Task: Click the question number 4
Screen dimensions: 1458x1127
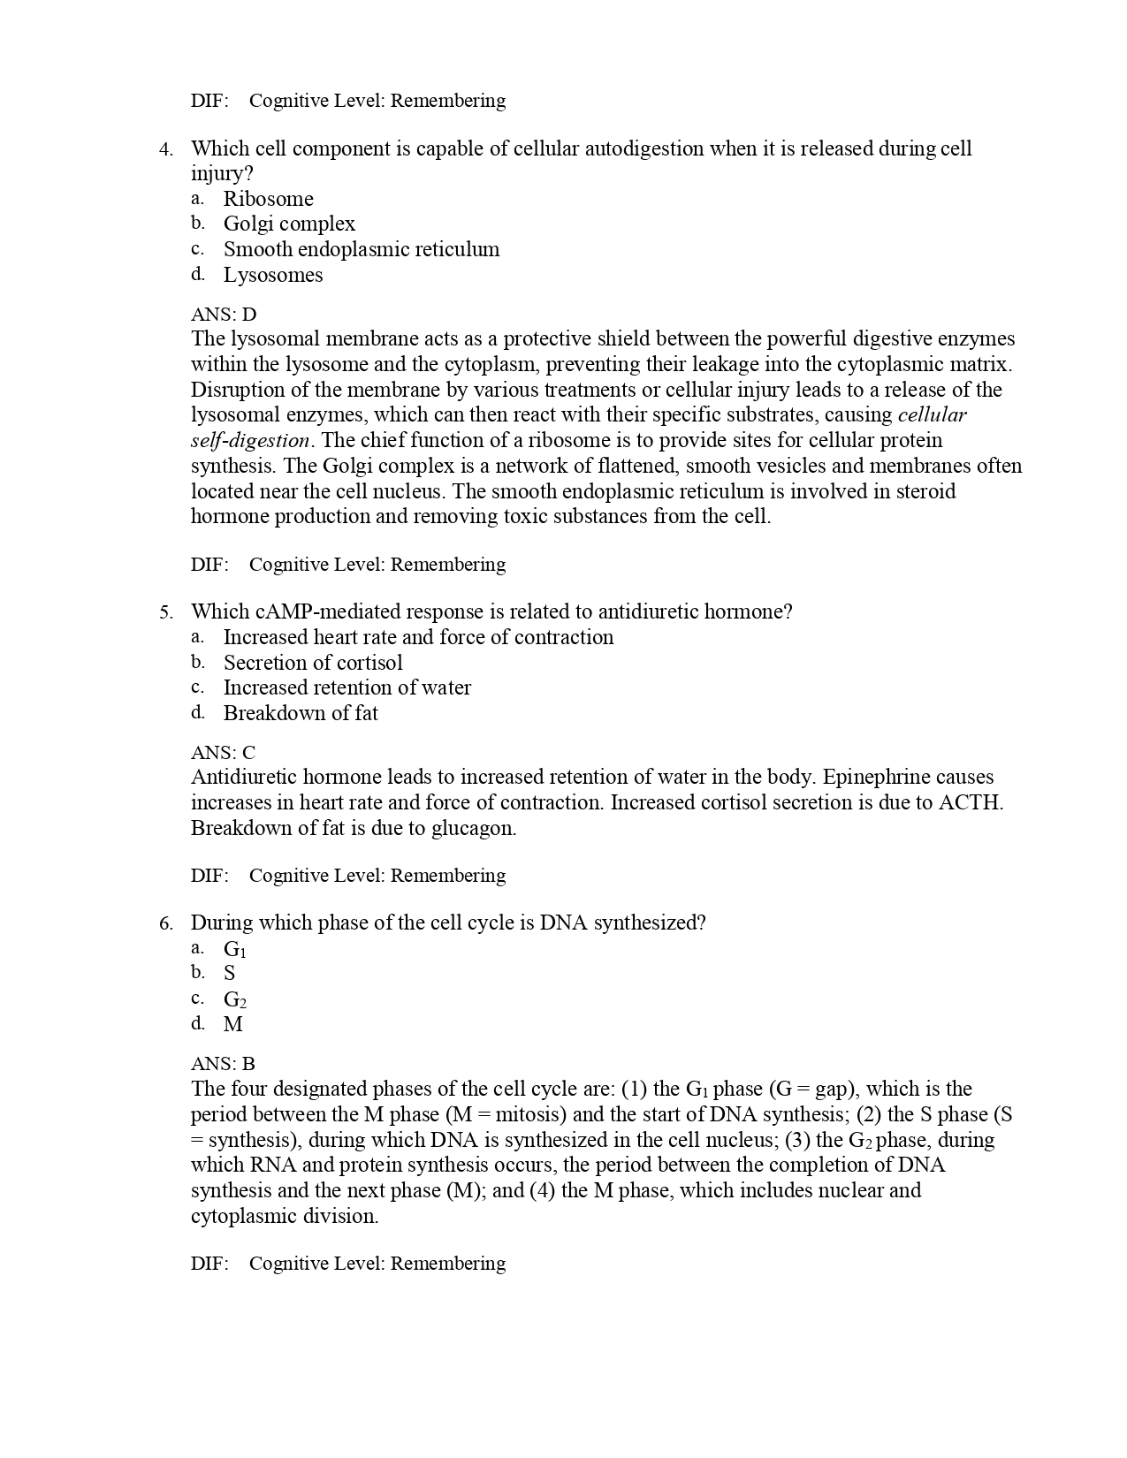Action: (165, 149)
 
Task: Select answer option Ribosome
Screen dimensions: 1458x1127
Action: (268, 199)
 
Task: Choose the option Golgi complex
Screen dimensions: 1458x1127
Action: (289, 224)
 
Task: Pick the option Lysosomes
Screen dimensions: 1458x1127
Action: (272, 275)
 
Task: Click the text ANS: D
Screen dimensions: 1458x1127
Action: (223, 315)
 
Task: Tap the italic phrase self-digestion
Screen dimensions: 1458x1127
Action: (250, 441)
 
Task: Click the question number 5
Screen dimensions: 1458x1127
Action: (165, 612)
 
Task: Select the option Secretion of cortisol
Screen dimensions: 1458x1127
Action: (312, 663)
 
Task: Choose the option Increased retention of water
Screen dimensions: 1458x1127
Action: (346, 687)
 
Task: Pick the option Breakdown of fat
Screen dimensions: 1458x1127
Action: (300, 713)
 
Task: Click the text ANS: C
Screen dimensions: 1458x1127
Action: (223, 753)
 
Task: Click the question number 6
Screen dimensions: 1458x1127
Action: (165, 923)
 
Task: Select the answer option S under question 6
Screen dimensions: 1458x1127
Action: (229, 974)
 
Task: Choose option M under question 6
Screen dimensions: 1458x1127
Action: (232, 1024)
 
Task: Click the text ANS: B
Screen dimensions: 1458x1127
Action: (223, 1064)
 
